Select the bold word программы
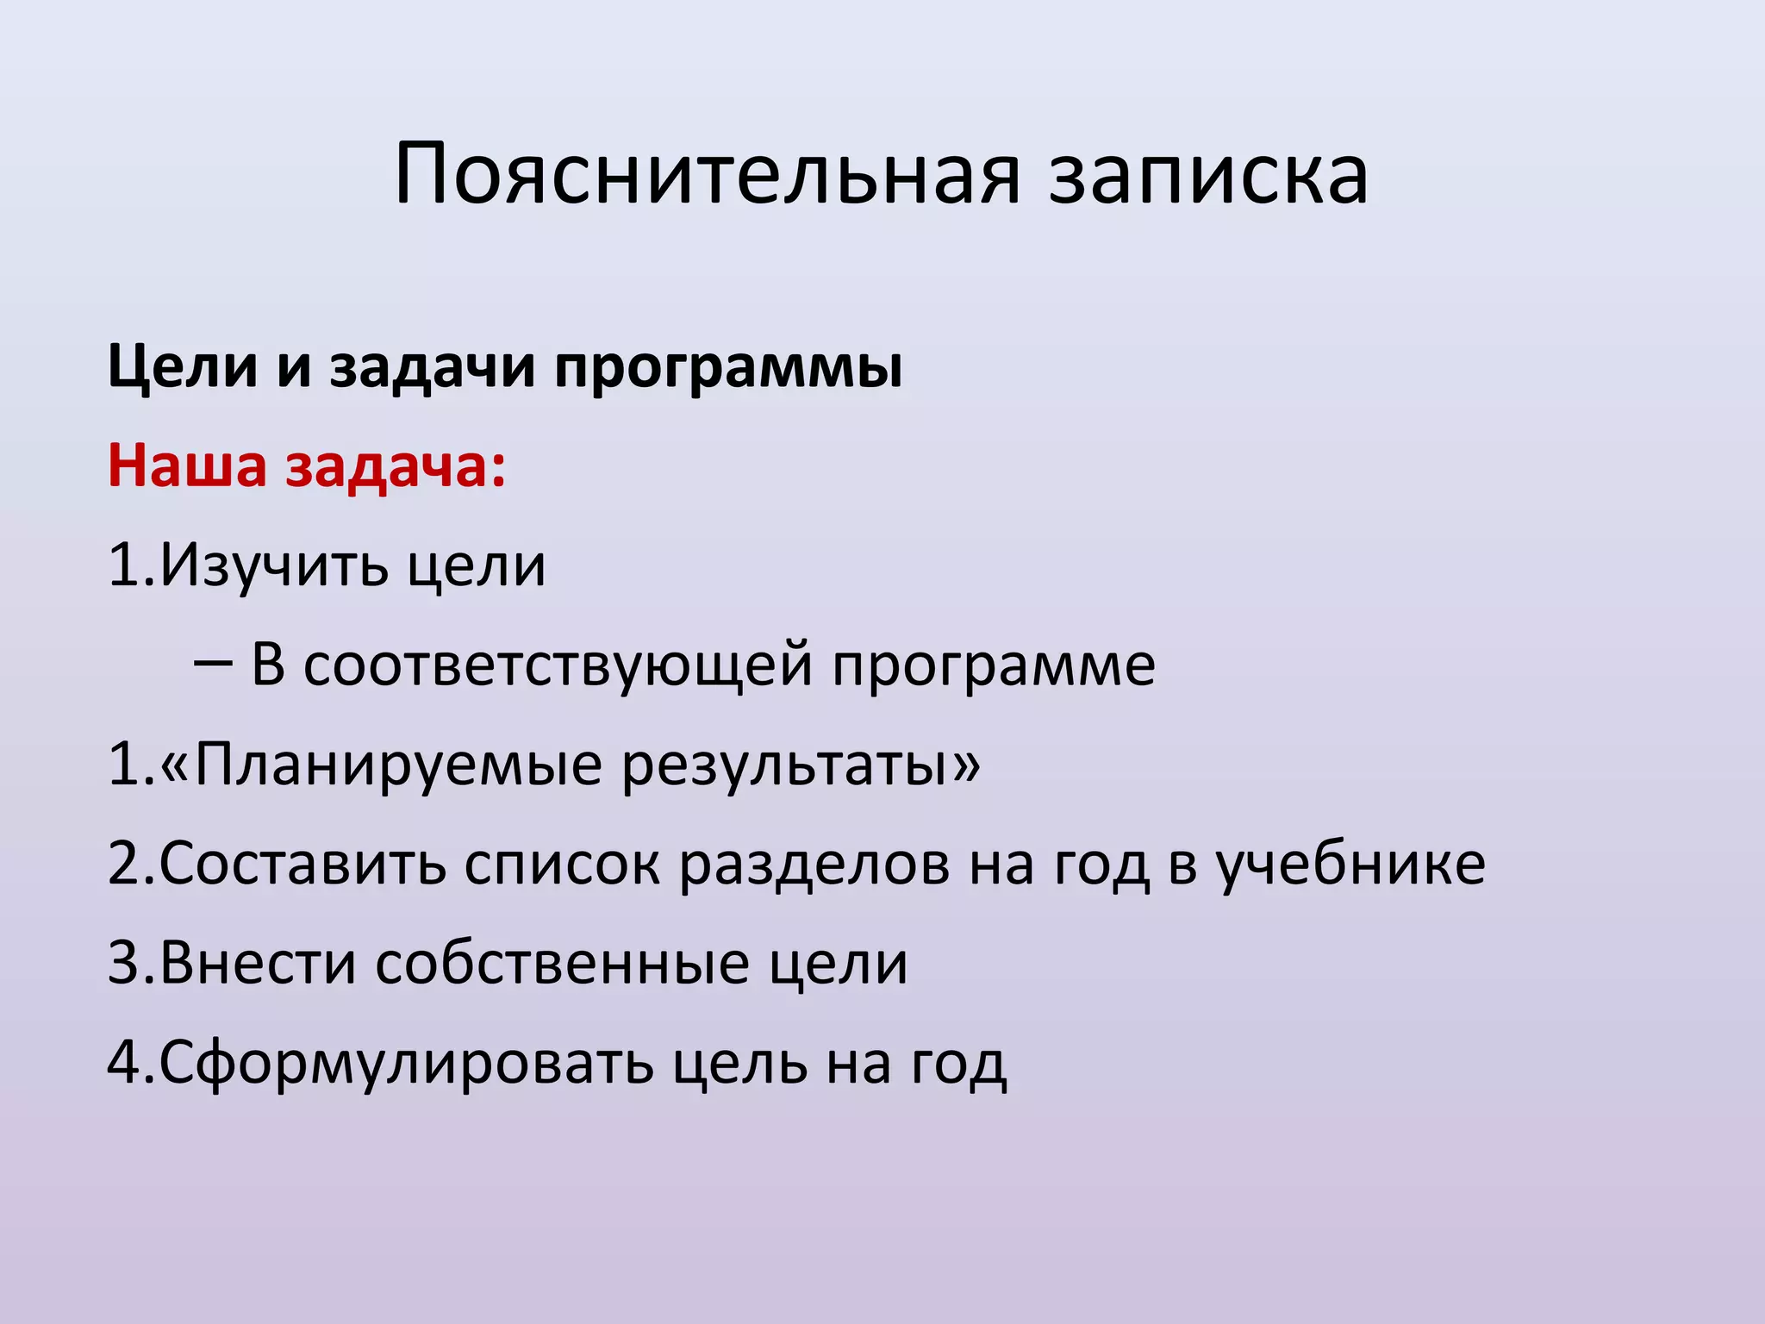point(728,369)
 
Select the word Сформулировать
point(406,1063)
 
